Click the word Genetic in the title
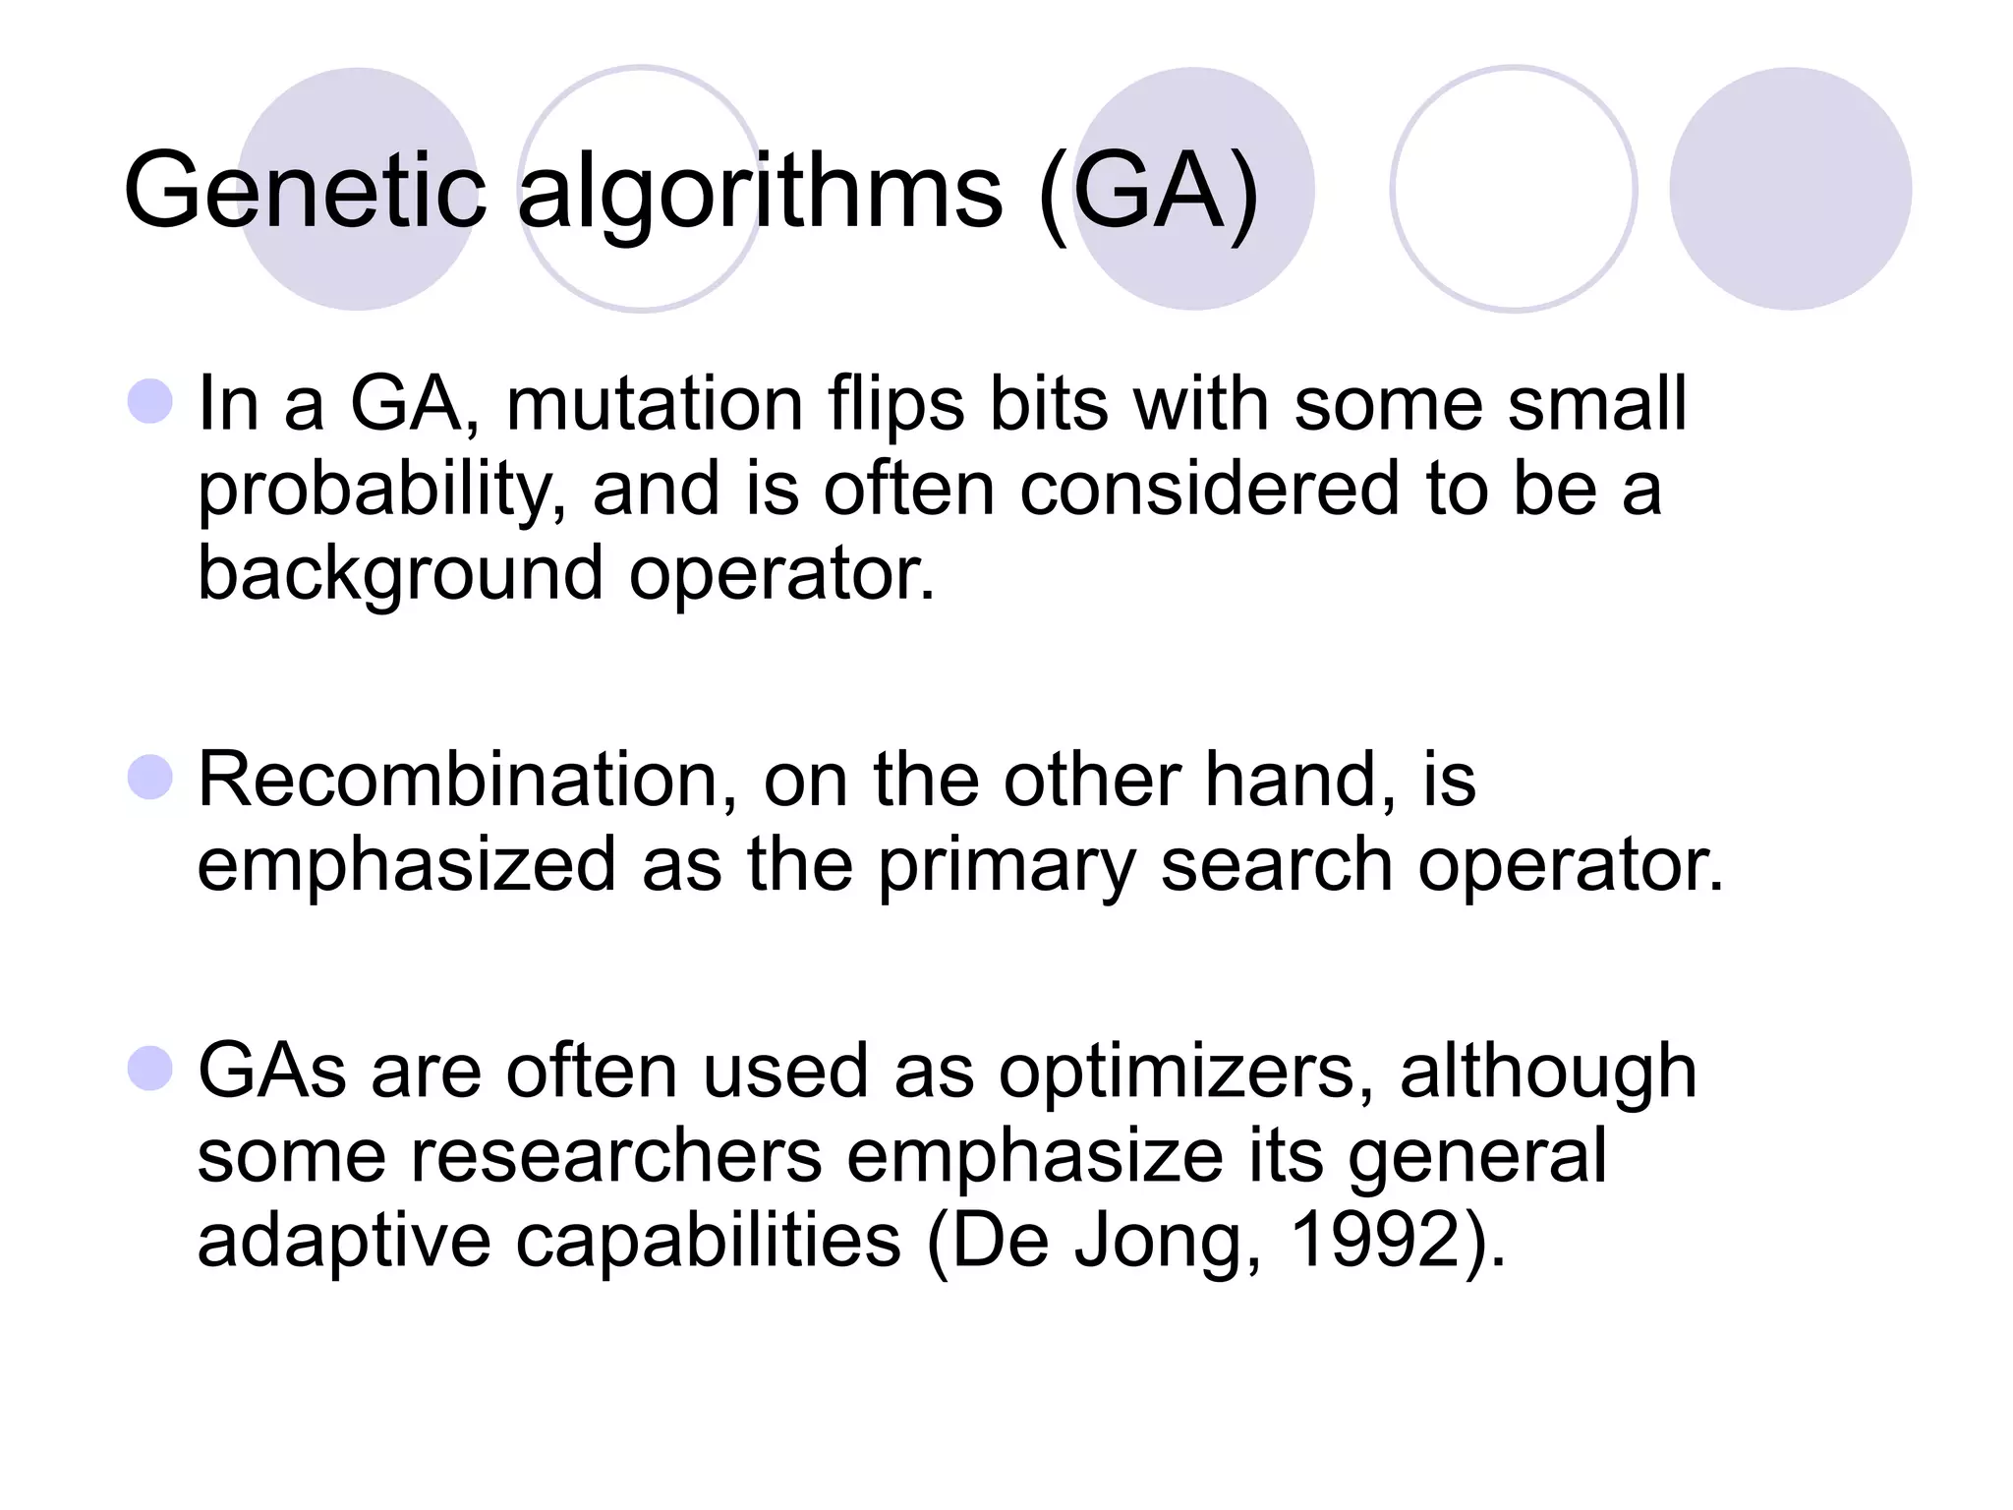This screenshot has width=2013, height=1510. click(x=305, y=192)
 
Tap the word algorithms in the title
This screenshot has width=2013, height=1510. click(x=760, y=192)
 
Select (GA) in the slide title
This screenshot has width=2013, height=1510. click(x=1147, y=192)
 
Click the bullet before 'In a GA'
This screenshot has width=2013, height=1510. click(x=150, y=401)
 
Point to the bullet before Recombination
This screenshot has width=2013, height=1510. click(x=150, y=778)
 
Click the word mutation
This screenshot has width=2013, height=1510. click(x=656, y=404)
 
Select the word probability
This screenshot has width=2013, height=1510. click(x=381, y=490)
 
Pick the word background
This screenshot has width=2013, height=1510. click(x=400, y=574)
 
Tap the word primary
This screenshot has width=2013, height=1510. click(x=1006, y=866)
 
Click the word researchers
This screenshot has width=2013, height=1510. click(x=616, y=1157)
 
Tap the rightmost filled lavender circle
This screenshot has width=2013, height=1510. click(x=1790, y=189)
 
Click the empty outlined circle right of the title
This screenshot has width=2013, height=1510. click(x=1513, y=189)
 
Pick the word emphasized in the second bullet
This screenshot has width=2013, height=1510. click(x=406, y=866)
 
